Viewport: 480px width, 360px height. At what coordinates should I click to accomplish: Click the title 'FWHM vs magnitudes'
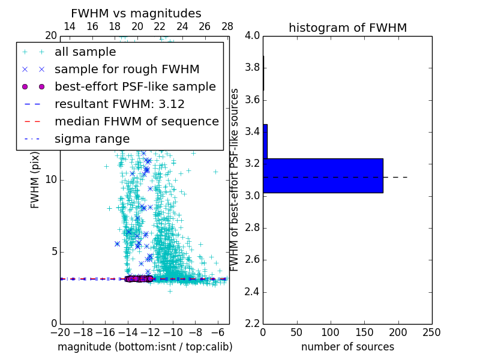pyautogui.click(x=136, y=13)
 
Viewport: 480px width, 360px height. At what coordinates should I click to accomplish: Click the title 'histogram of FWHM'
pyautogui.click(x=347, y=28)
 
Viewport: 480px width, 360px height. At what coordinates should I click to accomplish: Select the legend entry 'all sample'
pyautogui.click(x=85, y=52)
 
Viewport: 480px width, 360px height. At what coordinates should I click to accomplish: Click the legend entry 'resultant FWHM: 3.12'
pyautogui.click(x=119, y=104)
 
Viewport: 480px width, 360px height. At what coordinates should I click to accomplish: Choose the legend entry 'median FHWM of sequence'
pyautogui.click(x=136, y=122)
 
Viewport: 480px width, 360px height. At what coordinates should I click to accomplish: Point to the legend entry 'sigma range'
pyautogui.click(x=92, y=139)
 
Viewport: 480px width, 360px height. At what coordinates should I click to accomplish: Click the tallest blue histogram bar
pyautogui.click(x=323, y=176)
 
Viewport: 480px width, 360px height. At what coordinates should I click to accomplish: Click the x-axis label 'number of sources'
pyautogui.click(x=347, y=347)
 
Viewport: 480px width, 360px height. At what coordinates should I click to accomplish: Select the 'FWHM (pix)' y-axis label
pyautogui.click(x=35, y=179)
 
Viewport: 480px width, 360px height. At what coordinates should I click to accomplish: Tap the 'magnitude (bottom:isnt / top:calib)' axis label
pyautogui.click(x=145, y=347)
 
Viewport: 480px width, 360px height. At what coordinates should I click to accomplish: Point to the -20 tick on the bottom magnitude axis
pyautogui.click(x=60, y=332)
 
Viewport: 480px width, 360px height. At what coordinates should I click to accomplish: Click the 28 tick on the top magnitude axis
pyautogui.click(x=227, y=26)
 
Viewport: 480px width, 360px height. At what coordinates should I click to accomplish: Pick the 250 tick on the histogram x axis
pyautogui.click(x=431, y=332)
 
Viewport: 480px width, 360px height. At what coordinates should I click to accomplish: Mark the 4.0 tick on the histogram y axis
pyautogui.click(x=252, y=35)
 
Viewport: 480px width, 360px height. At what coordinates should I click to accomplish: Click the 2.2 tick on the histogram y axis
pyautogui.click(x=252, y=323)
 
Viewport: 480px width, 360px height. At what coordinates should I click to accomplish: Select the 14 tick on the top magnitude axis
pyautogui.click(x=70, y=26)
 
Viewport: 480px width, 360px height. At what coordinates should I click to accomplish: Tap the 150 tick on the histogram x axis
pyautogui.click(x=364, y=332)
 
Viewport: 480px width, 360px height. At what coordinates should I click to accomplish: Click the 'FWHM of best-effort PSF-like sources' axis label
pyautogui.click(x=235, y=179)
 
